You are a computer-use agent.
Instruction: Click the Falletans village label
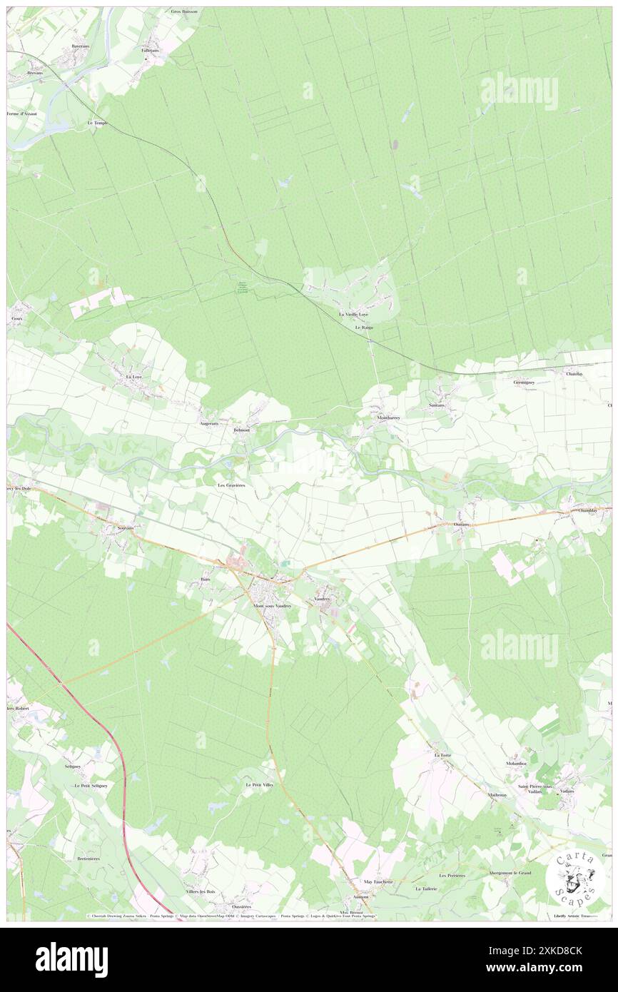(150, 51)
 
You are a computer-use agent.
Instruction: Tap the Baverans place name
(80, 46)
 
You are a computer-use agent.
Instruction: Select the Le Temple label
(97, 123)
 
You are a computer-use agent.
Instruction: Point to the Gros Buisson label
(186, 12)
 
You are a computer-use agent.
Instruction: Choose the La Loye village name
(133, 376)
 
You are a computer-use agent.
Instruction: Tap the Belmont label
(242, 430)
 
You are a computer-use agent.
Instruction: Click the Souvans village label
(115, 527)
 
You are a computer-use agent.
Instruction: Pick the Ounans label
(462, 523)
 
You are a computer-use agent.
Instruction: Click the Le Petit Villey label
(259, 784)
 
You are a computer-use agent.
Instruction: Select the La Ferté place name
(442, 754)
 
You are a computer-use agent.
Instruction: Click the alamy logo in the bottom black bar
(71, 959)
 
